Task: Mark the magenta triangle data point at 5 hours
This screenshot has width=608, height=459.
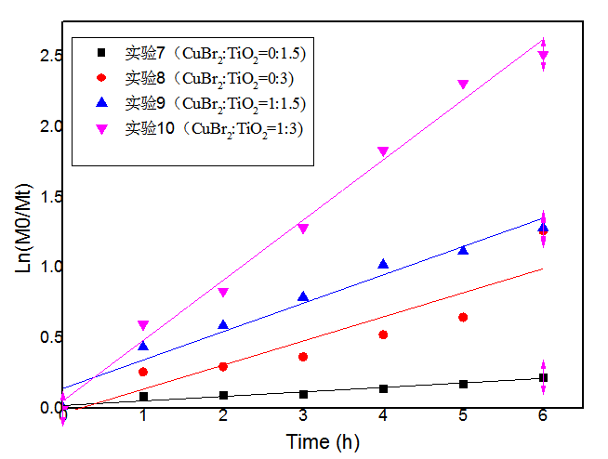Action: [463, 85]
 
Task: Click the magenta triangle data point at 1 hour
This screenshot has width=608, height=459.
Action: [143, 326]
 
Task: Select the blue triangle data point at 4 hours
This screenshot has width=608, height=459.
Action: [383, 264]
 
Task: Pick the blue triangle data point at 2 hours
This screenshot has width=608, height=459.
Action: [223, 324]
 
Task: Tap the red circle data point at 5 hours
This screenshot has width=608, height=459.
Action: [463, 318]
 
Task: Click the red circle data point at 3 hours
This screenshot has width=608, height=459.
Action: [303, 357]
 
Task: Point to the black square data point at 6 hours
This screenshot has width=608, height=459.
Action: [543, 378]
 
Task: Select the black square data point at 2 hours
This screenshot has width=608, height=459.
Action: [223, 395]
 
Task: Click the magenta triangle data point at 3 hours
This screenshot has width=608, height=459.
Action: [303, 229]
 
